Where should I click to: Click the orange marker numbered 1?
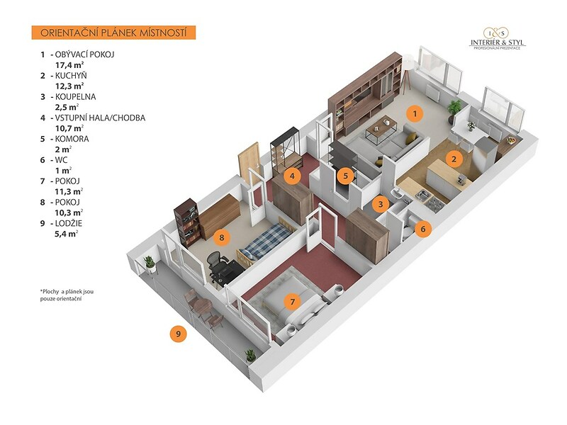coord(415,112)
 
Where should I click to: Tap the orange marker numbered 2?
coord(454,158)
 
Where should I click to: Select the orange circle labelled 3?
coord(381,204)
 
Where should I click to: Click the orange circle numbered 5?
coord(344,174)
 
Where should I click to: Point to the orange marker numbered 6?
coord(422,229)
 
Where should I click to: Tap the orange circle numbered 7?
coord(291,302)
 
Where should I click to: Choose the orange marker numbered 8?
coord(222,238)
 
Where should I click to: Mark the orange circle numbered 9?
coord(179,332)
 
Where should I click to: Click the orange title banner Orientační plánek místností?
coord(113,33)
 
